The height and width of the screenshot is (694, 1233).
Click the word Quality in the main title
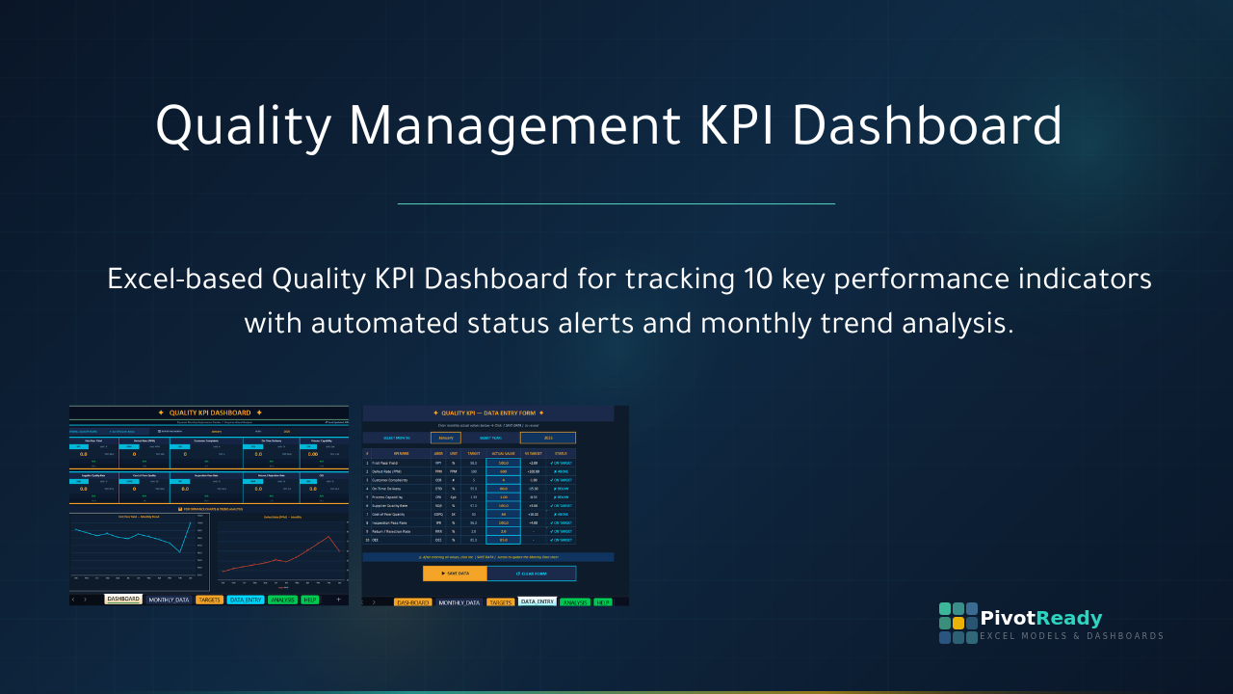point(241,127)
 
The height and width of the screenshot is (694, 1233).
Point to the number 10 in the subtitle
point(760,280)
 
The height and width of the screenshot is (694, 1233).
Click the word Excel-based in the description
point(184,280)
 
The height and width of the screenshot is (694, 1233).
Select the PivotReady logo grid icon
point(958,623)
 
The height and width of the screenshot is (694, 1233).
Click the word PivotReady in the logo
point(1040,619)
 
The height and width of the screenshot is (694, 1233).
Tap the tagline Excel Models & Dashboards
point(1071,636)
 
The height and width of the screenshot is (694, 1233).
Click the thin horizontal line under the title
point(616,203)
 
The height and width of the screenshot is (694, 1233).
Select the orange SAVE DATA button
point(455,574)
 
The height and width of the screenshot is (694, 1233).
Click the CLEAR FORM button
point(532,574)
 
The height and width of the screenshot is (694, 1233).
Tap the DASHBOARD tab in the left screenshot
point(123,600)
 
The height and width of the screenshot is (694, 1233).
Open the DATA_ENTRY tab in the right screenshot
point(537,601)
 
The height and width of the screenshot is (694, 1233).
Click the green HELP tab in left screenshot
point(309,600)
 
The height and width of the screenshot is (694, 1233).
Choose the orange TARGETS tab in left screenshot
point(209,600)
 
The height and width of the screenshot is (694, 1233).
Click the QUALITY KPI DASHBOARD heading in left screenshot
point(209,413)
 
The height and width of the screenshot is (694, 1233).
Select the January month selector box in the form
point(445,438)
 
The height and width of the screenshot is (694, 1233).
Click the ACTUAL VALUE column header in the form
point(503,453)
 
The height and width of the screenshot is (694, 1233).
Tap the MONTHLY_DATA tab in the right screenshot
point(459,601)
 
